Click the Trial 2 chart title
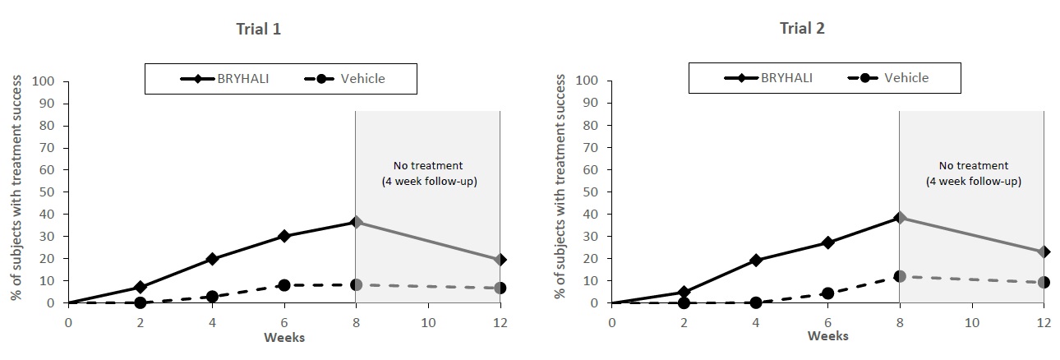802,29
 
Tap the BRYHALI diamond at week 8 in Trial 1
356,222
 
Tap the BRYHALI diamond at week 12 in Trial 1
500,260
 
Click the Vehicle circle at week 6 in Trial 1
284,285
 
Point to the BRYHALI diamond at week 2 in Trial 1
141,288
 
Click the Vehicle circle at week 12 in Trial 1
500,288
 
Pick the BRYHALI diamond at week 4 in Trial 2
755,260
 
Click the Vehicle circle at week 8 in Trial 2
900,276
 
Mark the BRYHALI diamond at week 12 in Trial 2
1044,252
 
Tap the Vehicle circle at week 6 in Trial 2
827,293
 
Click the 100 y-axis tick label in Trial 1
43,81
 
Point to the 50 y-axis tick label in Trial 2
590,192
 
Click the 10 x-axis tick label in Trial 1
427,323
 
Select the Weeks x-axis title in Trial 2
827,336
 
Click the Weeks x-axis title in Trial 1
283,337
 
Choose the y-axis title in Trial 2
561,187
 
